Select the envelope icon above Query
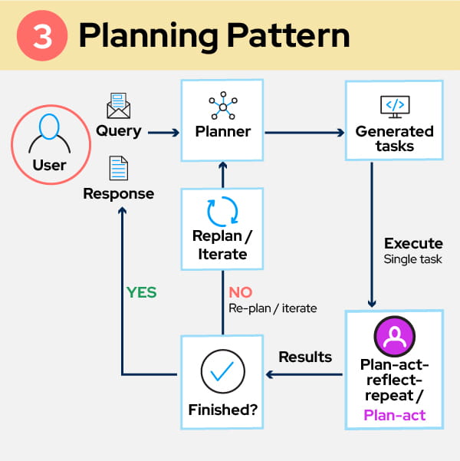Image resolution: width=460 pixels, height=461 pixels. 118,106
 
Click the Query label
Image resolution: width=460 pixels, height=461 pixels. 118,131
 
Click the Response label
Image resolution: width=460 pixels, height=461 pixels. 118,194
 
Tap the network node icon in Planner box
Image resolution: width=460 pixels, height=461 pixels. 222,107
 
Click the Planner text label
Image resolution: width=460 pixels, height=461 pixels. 222,131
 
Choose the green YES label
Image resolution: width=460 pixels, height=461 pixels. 141,292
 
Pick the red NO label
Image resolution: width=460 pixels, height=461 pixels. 240,292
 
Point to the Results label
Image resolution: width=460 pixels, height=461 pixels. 305,357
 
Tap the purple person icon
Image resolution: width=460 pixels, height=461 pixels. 394,335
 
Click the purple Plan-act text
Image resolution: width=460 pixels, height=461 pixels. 394,417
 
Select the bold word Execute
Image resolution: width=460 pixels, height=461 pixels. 413,244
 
